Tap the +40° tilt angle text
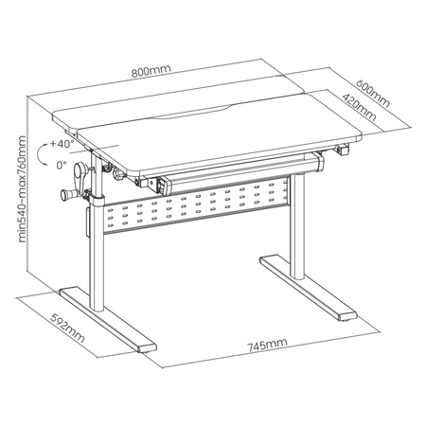tap(62, 145)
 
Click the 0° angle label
tap(62, 163)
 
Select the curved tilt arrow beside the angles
tap(41, 153)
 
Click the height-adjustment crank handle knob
tap(67, 195)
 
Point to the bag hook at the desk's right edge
tap(344, 149)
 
